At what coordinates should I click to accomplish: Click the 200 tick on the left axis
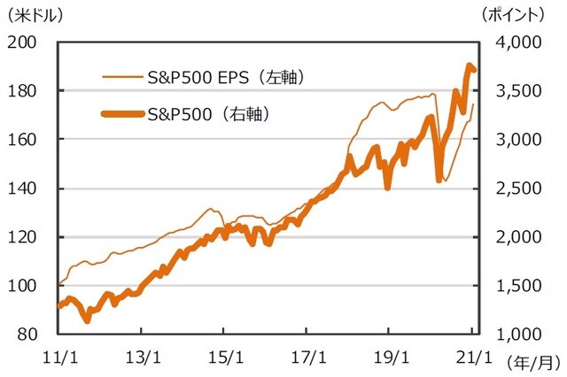click(24, 42)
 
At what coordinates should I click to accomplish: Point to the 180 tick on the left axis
click(24, 91)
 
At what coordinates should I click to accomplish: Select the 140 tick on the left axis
click(24, 188)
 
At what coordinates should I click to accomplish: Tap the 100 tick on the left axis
click(24, 286)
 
